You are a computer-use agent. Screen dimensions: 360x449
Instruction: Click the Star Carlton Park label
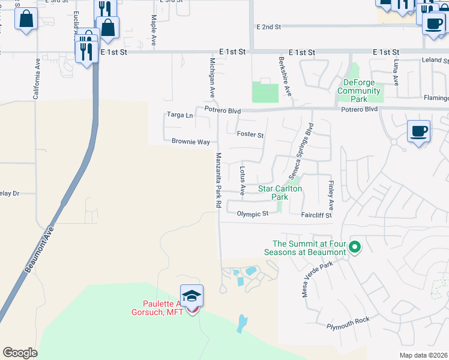coord(280,193)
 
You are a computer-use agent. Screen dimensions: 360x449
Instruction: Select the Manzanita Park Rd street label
coord(218,180)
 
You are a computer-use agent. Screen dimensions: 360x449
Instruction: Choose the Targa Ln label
coord(179,115)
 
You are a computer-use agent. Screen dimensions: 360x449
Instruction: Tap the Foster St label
coord(250,135)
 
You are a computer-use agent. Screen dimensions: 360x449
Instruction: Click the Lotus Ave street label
coord(243,181)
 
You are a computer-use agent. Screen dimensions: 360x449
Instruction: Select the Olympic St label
coord(252,214)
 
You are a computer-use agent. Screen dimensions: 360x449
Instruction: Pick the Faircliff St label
coord(316,214)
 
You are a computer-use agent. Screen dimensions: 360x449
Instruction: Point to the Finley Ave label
coord(331,191)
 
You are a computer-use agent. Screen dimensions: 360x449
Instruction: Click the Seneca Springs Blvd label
coord(302,147)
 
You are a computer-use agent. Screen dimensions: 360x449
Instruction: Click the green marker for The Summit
coord(355,246)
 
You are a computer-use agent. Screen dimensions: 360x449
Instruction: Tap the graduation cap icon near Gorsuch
coord(192,295)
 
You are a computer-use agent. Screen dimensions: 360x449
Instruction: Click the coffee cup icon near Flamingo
coord(418,130)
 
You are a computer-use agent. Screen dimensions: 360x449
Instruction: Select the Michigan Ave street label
coord(212,78)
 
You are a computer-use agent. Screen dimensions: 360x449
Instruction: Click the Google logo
coord(20,353)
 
